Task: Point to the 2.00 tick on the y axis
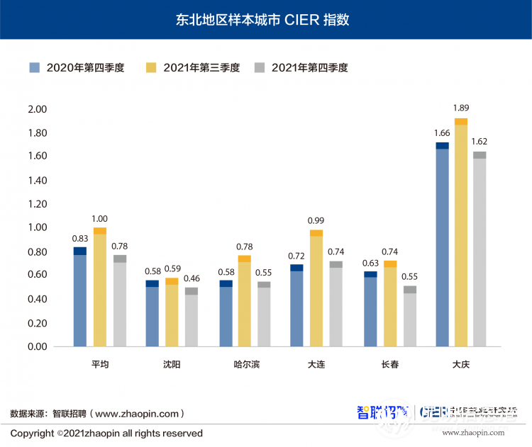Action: click(x=37, y=110)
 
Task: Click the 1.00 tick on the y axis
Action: click(x=37, y=228)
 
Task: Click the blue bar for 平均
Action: click(x=80, y=298)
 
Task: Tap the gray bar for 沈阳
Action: click(x=192, y=317)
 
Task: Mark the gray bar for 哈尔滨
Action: click(x=264, y=315)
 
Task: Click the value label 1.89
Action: click(x=461, y=108)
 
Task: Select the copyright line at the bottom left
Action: click(x=106, y=433)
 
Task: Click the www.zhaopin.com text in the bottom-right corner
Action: click(x=473, y=432)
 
